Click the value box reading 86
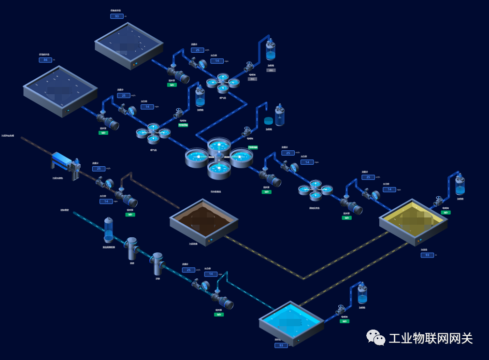pos(45,60)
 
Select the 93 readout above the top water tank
pos(116,16)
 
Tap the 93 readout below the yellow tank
pos(427,255)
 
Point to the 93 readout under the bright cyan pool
pos(281,345)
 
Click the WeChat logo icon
pos(376,338)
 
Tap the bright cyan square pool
pos(291,320)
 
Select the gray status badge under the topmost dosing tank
pos(271,70)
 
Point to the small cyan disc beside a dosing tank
pos(269,120)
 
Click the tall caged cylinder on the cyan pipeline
pos(109,230)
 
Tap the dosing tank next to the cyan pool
pos(361,294)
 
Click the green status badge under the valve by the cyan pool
pos(345,321)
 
